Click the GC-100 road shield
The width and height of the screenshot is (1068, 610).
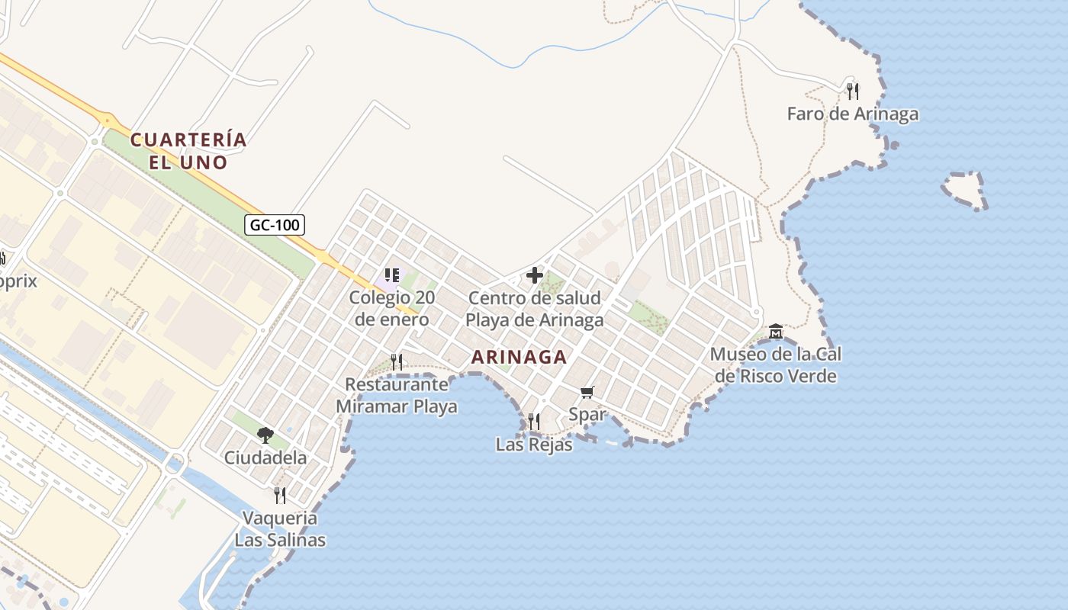tap(275, 225)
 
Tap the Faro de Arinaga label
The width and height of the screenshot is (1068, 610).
tap(852, 114)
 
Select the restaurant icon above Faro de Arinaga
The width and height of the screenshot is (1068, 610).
tap(853, 91)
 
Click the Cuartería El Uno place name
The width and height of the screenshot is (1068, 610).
tap(188, 151)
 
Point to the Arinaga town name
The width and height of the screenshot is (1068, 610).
tap(519, 357)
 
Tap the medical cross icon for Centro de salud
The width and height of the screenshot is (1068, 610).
tap(535, 275)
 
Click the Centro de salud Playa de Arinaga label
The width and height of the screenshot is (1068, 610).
tap(534, 309)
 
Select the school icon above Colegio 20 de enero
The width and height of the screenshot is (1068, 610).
tap(392, 275)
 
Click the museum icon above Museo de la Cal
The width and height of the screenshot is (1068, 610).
tap(776, 332)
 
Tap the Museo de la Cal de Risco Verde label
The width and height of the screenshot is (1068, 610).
tap(776, 365)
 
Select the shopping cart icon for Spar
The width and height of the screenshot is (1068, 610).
tap(587, 392)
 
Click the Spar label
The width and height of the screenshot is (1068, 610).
tap(587, 415)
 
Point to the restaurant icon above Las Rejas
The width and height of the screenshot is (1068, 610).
tap(534, 421)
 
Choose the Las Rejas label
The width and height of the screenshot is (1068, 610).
tap(534, 445)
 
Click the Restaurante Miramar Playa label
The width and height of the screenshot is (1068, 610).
tap(397, 395)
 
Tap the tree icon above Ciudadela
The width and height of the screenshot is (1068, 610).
tap(265, 435)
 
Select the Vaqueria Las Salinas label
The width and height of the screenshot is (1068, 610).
tap(280, 529)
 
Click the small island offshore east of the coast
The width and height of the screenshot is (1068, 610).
tap(965, 191)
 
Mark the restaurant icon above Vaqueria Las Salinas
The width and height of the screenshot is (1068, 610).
tap(280, 496)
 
